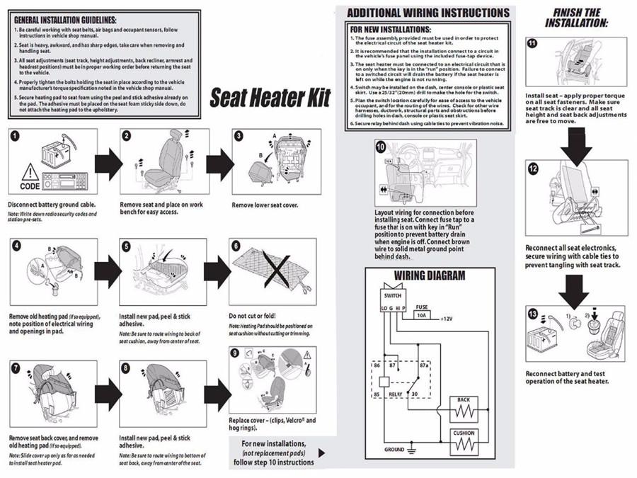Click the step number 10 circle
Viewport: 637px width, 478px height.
[x=381, y=147]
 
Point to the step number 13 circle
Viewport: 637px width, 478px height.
[x=532, y=312]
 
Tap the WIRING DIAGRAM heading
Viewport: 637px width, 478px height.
[x=430, y=276]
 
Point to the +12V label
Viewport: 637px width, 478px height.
[x=447, y=319]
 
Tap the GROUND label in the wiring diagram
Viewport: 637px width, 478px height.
[x=394, y=450]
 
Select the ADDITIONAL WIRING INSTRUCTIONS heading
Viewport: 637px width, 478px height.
[x=427, y=13]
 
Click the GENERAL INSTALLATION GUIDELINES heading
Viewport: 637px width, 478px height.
[x=65, y=20]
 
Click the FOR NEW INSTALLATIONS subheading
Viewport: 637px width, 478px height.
[x=391, y=29]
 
